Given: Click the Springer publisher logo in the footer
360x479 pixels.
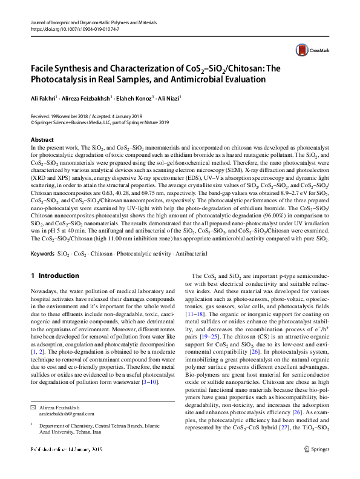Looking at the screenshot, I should (317, 466).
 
